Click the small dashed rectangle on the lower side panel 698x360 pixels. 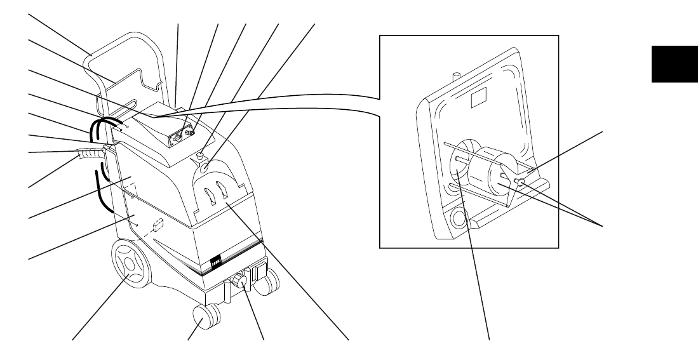pos(159,225)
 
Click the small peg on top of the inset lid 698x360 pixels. pos(455,76)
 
